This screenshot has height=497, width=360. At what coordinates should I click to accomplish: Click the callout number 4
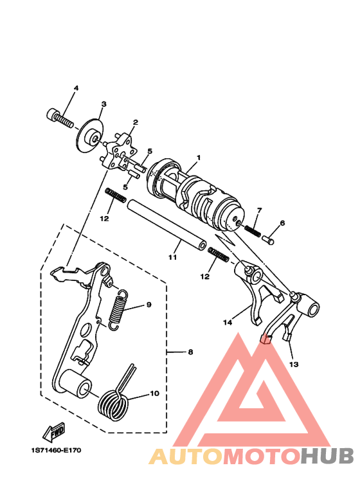coord(75,88)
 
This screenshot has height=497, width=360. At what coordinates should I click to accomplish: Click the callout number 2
coord(135,122)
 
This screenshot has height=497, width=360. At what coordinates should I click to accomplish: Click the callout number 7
coord(259,210)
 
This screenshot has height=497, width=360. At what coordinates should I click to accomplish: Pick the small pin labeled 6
coord(270,239)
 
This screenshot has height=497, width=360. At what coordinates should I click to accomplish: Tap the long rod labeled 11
coord(167,224)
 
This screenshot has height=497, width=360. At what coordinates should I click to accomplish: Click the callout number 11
coord(172,257)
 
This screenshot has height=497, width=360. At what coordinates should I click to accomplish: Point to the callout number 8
coord(190,352)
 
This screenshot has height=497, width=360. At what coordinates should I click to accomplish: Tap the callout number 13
coord(294,364)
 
